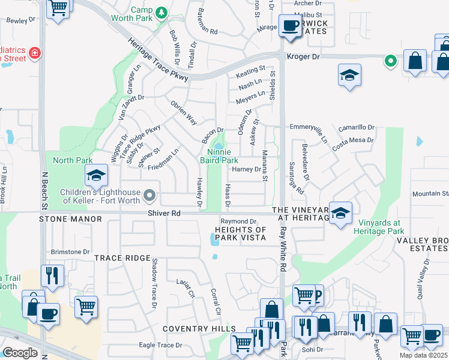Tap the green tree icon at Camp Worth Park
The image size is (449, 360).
click(x=161, y=12)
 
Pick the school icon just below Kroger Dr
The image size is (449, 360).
click(x=349, y=76)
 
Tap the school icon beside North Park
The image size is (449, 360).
click(x=96, y=175)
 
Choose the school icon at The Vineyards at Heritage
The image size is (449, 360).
click(x=340, y=214)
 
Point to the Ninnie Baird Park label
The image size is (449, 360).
click(x=218, y=156)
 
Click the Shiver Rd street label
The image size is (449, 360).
click(x=164, y=213)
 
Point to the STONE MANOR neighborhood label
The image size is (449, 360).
click(x=71, y=220)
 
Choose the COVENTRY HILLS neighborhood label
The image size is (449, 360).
click(x=199, y=329)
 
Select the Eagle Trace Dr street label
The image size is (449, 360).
click(x=160, y=345)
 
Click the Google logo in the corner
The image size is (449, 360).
click(x=20, y=352)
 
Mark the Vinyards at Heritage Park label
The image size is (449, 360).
click(x=381, y=227)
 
